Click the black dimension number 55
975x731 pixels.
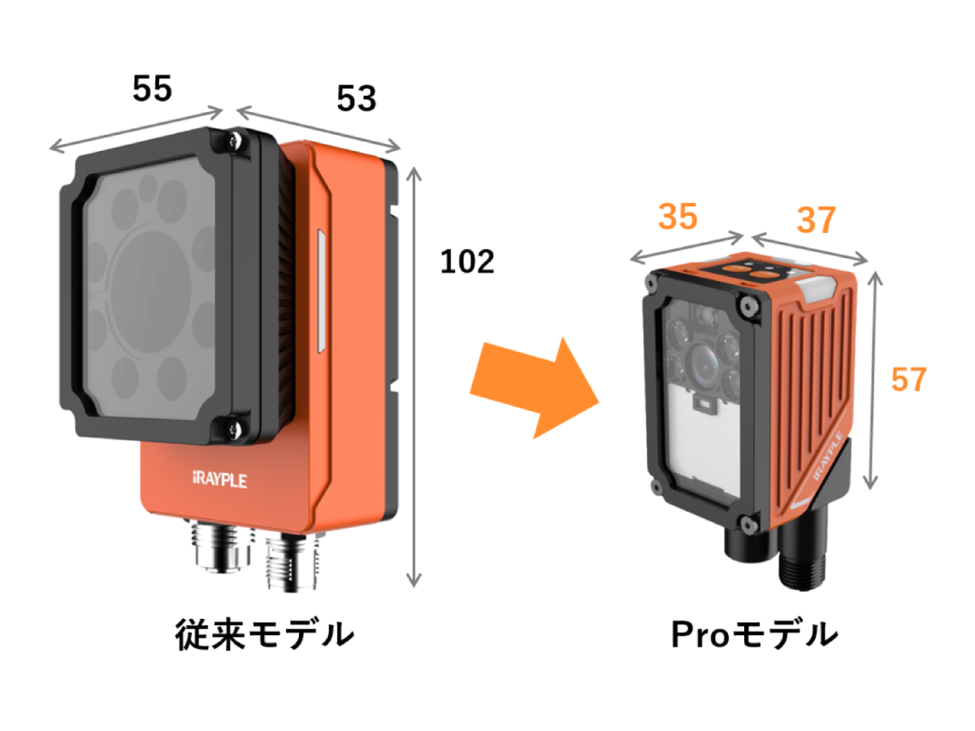[152, 89]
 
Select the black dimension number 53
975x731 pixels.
[356, 98]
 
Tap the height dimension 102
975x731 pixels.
[467, 262]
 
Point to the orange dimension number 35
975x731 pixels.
[678, 217]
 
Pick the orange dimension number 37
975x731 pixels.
[816, 219]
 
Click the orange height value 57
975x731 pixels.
[909, 379]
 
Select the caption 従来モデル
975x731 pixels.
[265, 634]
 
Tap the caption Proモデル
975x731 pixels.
[754, 634]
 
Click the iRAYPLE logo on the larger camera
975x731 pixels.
[220, 480]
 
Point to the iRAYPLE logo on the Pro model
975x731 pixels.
[828, 456]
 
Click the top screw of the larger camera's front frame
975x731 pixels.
[235, 141]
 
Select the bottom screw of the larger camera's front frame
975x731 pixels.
[234, 429]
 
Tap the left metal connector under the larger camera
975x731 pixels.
[221, 547]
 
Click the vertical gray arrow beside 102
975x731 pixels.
[414, 377]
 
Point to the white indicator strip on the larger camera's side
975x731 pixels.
[322, 291]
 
